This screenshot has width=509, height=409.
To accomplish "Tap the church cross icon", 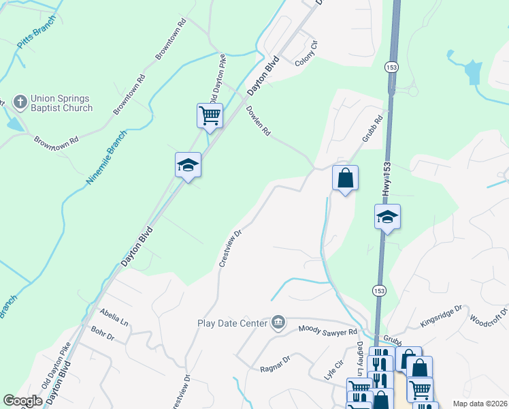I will pyautogui.click(x=20, y=103).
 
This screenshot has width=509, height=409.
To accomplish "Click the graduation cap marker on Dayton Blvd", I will pyautogui.click(x=188, y=165).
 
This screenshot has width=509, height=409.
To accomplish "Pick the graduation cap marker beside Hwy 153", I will pyautogui.click(x=387, y=217).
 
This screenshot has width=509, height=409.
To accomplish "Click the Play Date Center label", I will pyautogui.click(x=233, y=322).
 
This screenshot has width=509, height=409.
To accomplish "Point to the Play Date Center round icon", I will pyautogui.click(x=278, y=322).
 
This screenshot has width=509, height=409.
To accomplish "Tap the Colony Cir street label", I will pyautogui.click(x=306, y=55).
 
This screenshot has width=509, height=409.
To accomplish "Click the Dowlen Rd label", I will pyautogui.click(x=259, y=120).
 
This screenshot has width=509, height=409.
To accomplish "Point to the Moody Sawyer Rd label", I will pyautogui.click(x=328, y=331).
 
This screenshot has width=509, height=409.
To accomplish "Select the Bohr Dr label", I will pyautogui.click(x=103, y=335).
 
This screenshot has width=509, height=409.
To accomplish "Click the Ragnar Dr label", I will pyautogui.click(x=275, y=363).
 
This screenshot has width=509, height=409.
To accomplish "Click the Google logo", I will pyautogui.click(x=23, y=401).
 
